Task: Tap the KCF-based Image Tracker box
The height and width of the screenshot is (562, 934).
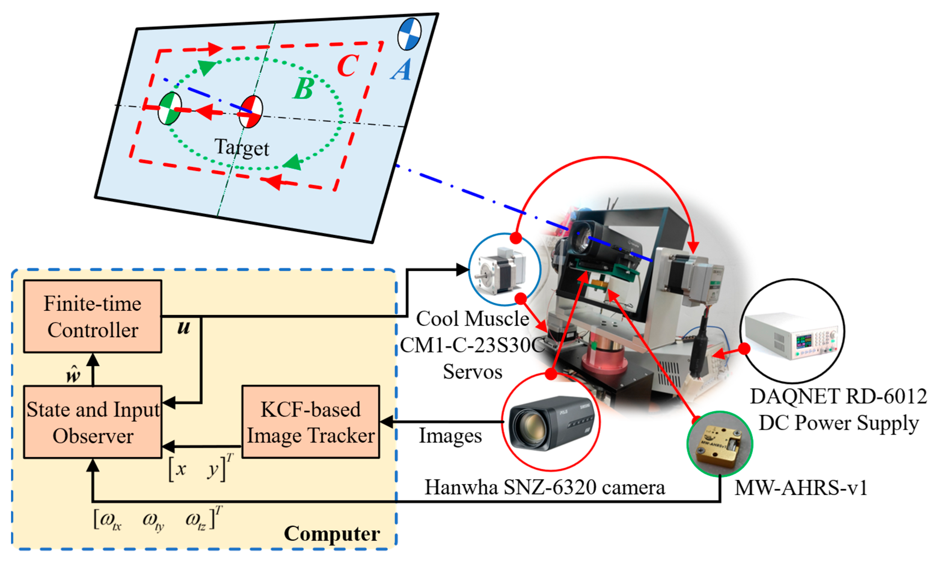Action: coord(310,422)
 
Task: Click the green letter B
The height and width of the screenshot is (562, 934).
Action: coord(303,89)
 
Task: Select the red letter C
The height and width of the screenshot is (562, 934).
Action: coord(348,66)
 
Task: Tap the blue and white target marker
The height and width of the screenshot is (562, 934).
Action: coord(409,34)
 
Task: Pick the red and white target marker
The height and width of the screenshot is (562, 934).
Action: coord(251,112)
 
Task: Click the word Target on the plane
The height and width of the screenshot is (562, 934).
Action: coord(242,148)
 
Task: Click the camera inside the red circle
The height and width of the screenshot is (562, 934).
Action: coord(551,422)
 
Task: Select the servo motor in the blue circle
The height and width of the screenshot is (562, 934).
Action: coord(504,270)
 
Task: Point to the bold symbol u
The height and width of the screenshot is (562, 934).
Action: coord(184,328)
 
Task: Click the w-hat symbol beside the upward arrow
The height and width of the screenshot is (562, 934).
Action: coord(73,375)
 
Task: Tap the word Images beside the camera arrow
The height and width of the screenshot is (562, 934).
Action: coord(450,435)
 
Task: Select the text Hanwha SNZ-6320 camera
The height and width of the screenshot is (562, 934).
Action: coord(545,487)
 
